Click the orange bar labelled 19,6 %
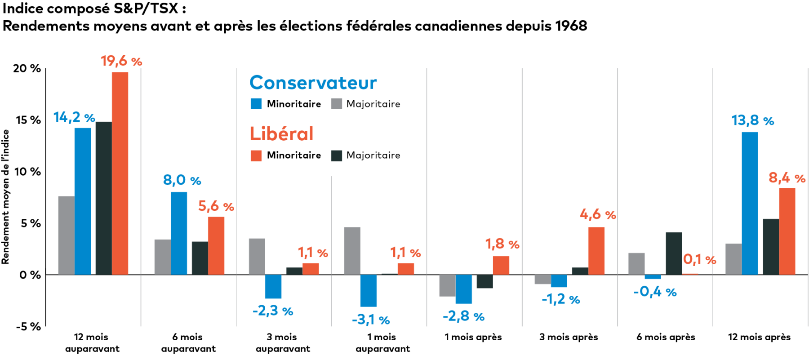pos(120,173)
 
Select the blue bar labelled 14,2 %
pos(83,201)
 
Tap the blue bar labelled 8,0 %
pos(179,233)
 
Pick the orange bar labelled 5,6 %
pos(216,245)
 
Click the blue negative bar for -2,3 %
pos(273,286)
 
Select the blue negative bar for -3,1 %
pos(369,290)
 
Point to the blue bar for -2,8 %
pos(464,289)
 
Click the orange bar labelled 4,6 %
pos(596,251)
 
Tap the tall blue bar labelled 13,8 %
pos(750,203)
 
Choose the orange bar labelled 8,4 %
pos(787,231)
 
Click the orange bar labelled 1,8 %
pos(501,265)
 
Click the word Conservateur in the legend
pos(313,83)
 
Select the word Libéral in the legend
pos(281,134)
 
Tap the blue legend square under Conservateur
pos(256,104)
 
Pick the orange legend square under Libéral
pos(256,156)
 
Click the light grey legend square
pos(337,104)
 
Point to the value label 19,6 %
pos(121,61)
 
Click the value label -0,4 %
pos(655,292)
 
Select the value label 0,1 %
pos(699,259)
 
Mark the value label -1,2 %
pos(560,299)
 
